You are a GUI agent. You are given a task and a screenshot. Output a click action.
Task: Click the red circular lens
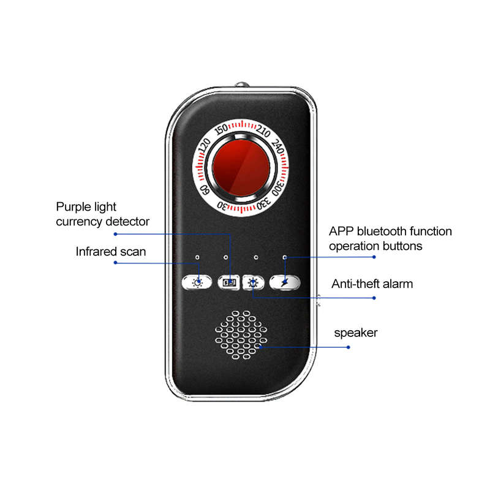(x=241, y=168)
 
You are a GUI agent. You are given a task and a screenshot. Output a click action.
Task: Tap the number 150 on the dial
(x=221, y=129)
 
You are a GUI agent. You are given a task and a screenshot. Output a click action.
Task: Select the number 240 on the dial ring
(x=278, y=146)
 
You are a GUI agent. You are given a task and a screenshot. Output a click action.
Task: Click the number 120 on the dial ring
(x=205, y=146)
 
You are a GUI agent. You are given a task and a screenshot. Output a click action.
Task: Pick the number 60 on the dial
(x=205, y=190)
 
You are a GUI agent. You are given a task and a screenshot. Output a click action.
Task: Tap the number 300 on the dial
(x=277, y=188)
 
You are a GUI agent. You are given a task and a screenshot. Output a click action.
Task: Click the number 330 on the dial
(x=263, y=204)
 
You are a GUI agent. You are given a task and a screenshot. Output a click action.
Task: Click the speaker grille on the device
(x=241, y=335)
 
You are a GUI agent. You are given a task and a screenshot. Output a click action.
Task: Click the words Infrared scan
(x=111, y=252)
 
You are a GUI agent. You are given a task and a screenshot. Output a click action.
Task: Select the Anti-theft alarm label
(x=372, y=284)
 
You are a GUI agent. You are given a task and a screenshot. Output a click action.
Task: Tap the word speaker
(x=356, y=333)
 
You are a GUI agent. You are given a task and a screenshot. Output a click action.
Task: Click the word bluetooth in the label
(x=382, y=232)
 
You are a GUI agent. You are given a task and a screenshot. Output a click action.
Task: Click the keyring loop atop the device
(x=242, y=85)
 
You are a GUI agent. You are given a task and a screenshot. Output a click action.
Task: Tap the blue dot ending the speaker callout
(x=349, y=347)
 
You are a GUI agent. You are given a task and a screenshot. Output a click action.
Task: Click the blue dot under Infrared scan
(x=115, y=263)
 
